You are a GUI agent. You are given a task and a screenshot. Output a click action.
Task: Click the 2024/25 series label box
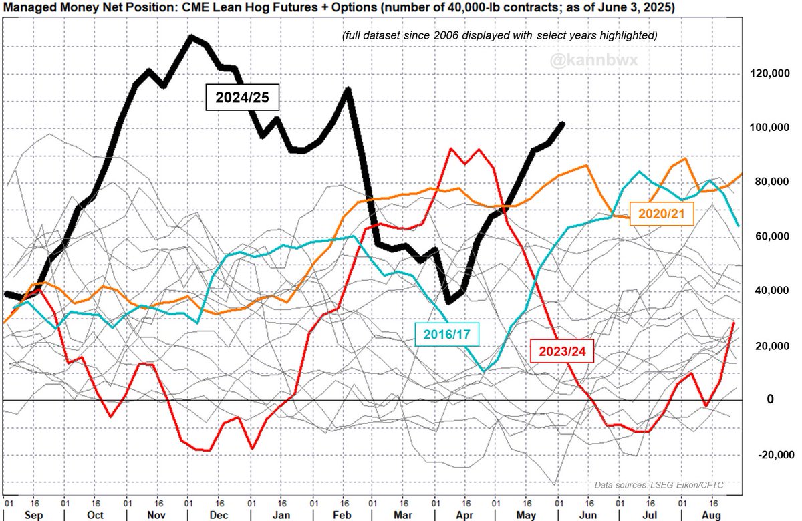[241, 98]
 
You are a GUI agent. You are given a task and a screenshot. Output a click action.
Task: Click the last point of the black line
[563, 124]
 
